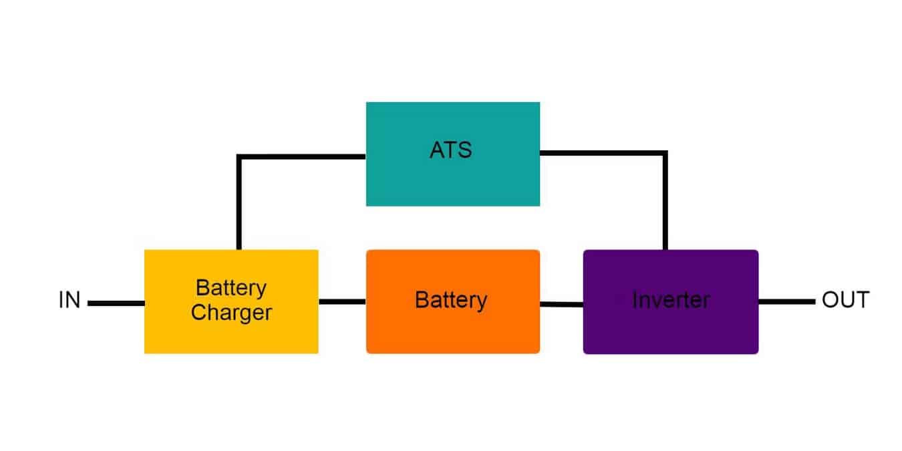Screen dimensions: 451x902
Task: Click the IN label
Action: (69, 301)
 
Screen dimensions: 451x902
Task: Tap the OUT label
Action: (845, 300)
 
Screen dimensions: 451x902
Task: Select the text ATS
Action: (450, 150)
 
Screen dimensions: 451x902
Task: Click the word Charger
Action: (231, 312)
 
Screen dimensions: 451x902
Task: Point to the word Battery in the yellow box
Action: (231, 288)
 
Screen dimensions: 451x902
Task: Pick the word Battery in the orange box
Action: (451, 300)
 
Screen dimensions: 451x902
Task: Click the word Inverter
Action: (671, 300)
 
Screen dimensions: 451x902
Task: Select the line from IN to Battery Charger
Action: (116, 303)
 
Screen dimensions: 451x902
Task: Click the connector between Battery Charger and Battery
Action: (342, 302)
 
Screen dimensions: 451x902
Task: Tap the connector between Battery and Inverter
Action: (561, 304)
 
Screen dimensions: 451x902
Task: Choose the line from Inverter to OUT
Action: (786, 302)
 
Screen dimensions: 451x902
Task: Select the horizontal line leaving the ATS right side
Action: (601, 153)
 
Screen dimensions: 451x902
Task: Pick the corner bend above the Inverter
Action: (665, 154)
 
